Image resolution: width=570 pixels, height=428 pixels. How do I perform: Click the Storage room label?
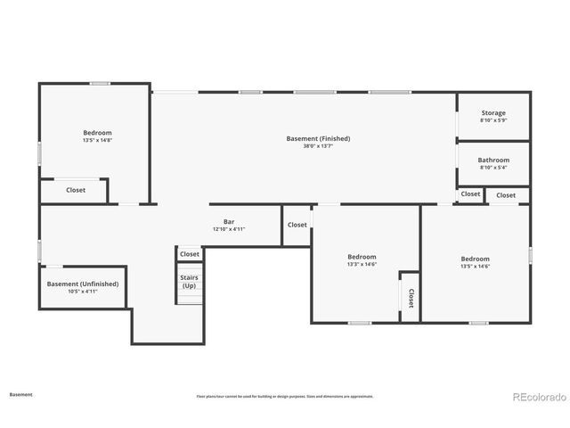point(493,113)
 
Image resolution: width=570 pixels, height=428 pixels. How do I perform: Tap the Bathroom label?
point(493,160)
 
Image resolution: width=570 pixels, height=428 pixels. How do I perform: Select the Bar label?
point(229,221)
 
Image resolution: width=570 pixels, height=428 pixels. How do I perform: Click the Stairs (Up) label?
point(189,282)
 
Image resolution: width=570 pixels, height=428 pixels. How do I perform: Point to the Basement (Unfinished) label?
point(83,284)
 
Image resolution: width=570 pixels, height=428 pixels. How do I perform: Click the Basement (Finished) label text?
point(318,138)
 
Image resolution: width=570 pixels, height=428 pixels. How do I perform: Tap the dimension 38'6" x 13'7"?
point(318,146)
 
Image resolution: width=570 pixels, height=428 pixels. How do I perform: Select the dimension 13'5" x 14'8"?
point(97,140)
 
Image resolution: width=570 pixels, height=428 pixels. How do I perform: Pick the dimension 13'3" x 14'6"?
point(362,264)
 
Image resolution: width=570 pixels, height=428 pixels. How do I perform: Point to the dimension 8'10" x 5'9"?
point(493,120)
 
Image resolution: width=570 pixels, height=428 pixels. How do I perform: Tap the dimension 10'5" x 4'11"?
point(83,292)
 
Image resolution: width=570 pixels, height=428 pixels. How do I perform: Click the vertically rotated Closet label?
point(411,297)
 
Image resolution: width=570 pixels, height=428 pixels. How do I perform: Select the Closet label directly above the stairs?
point(190,254)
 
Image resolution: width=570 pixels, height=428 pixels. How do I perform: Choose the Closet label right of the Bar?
point(297,225)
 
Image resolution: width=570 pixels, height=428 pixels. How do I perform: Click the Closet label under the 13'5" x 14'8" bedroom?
point(76,190)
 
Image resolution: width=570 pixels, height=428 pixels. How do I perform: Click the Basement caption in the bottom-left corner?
point(21,393)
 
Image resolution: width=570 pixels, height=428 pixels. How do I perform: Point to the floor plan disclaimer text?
point(285,396)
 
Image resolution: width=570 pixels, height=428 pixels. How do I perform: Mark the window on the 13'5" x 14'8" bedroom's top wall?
point(100,84)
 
